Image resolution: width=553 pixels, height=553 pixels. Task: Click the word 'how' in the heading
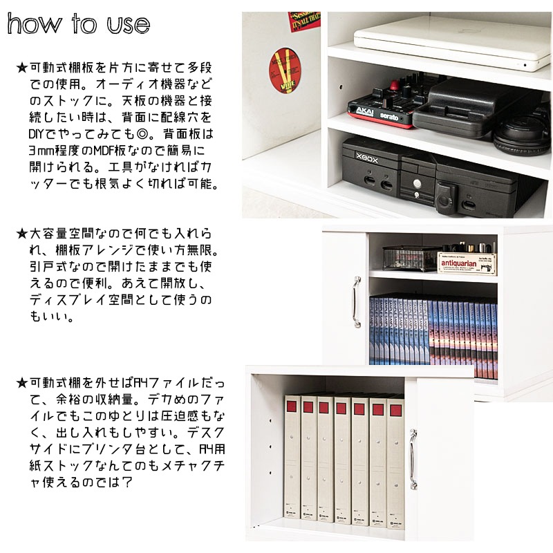coord(34,24)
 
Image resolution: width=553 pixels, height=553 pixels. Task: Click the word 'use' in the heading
coord(129,25)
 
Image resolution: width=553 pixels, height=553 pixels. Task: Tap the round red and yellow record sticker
coord(285,71)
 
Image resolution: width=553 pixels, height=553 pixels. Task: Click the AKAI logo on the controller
coord(365,111)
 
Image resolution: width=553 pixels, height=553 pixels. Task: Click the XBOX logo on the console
coord(367,158)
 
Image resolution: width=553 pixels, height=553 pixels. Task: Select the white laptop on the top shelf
coord(453,41)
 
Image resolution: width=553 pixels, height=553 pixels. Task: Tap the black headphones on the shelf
coord(522,135)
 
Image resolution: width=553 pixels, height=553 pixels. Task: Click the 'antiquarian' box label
coord(458,263)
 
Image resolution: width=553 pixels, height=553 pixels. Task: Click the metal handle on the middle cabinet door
coord(357,302)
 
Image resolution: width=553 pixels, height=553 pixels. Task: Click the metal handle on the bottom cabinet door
coord(413,459)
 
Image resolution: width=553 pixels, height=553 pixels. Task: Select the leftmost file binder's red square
coord(291,406)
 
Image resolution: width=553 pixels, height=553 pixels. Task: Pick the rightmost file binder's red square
coord(395,411)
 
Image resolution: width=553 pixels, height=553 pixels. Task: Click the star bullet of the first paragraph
coord(22,67)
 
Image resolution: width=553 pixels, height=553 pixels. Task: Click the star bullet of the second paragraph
coord(22,233)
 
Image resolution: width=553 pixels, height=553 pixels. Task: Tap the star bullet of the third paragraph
coord(22,383)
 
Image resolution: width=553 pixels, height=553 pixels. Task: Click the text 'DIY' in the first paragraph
coord(37,134)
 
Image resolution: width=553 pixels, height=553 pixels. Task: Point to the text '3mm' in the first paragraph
coord(41,151)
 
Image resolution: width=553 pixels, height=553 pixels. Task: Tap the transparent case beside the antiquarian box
coord(411,258)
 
